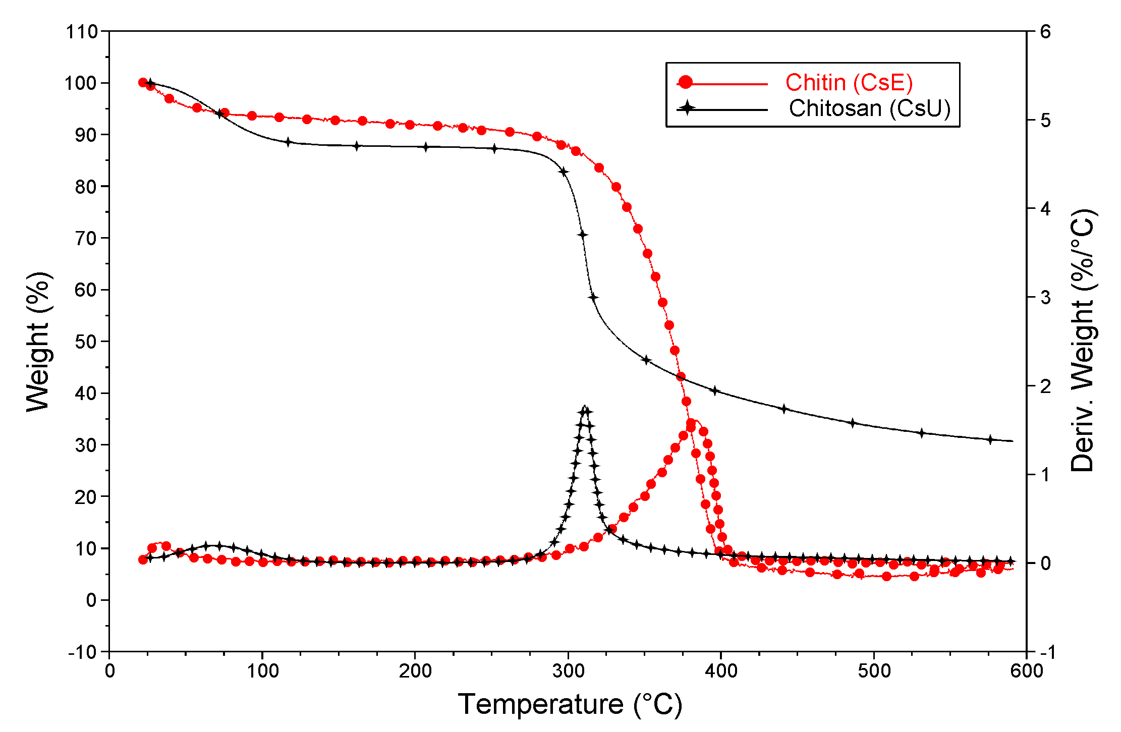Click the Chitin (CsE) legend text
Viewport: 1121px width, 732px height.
point(849,83)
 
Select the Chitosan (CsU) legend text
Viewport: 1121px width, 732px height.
point(869,108)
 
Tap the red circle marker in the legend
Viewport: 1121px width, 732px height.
point(685,83)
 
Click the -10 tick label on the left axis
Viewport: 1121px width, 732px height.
point(83,652)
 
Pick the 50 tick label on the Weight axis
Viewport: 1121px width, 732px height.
point(85,342)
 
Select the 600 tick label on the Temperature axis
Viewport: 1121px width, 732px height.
point(1026,671)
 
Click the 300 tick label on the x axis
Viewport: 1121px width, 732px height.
point(568,671)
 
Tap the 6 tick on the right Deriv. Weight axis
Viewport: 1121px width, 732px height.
point(1045,32)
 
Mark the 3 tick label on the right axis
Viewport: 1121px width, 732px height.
point(1045,298)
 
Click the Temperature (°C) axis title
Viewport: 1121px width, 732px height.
point(570,704)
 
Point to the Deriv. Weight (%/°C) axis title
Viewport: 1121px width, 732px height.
point(1082,341)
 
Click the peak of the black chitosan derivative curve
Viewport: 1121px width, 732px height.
point(585,407)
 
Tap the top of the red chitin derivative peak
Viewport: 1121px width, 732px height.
point(694,421)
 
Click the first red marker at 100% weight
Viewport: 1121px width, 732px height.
point(143,83)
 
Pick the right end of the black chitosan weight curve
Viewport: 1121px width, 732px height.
point(1012,441)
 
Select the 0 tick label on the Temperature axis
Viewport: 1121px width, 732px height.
point(109,671)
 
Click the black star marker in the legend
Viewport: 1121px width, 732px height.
point(686,108)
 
